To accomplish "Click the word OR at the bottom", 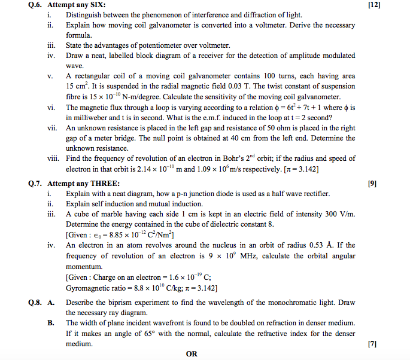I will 192,354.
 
